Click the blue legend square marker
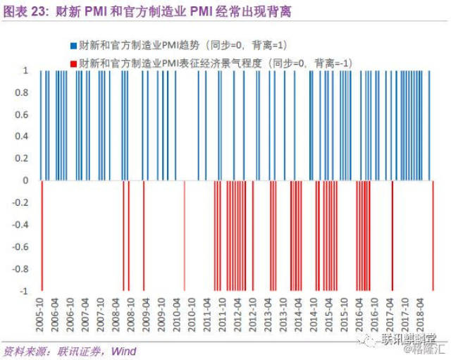[x=73, y=44]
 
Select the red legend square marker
[x=73, y=63]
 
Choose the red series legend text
[x=216, y=63]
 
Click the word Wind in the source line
[x=124, y=351]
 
